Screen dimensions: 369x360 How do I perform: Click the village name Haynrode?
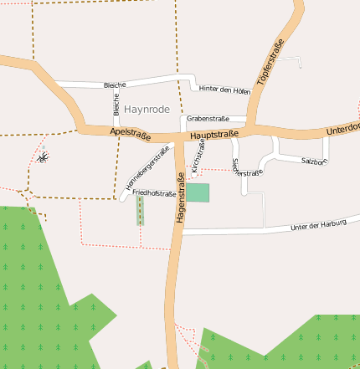tap(147, 110)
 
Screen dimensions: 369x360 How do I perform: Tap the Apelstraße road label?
tap(130, 133)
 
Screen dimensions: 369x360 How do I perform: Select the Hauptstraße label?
tap(214, 135)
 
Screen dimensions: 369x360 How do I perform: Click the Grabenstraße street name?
tap(208, 119)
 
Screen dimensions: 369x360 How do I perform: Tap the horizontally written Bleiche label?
tap(115, 85)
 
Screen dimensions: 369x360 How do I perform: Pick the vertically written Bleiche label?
tap(116, 105)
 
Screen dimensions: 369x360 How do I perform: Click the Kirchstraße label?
tap(198, 156)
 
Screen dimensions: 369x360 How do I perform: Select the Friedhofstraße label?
tap(154, 193)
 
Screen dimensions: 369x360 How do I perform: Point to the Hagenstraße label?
tap(180, 197)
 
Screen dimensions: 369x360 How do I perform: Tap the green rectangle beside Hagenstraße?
tap(198, 192)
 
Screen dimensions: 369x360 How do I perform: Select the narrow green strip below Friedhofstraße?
tap(140, 211)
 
